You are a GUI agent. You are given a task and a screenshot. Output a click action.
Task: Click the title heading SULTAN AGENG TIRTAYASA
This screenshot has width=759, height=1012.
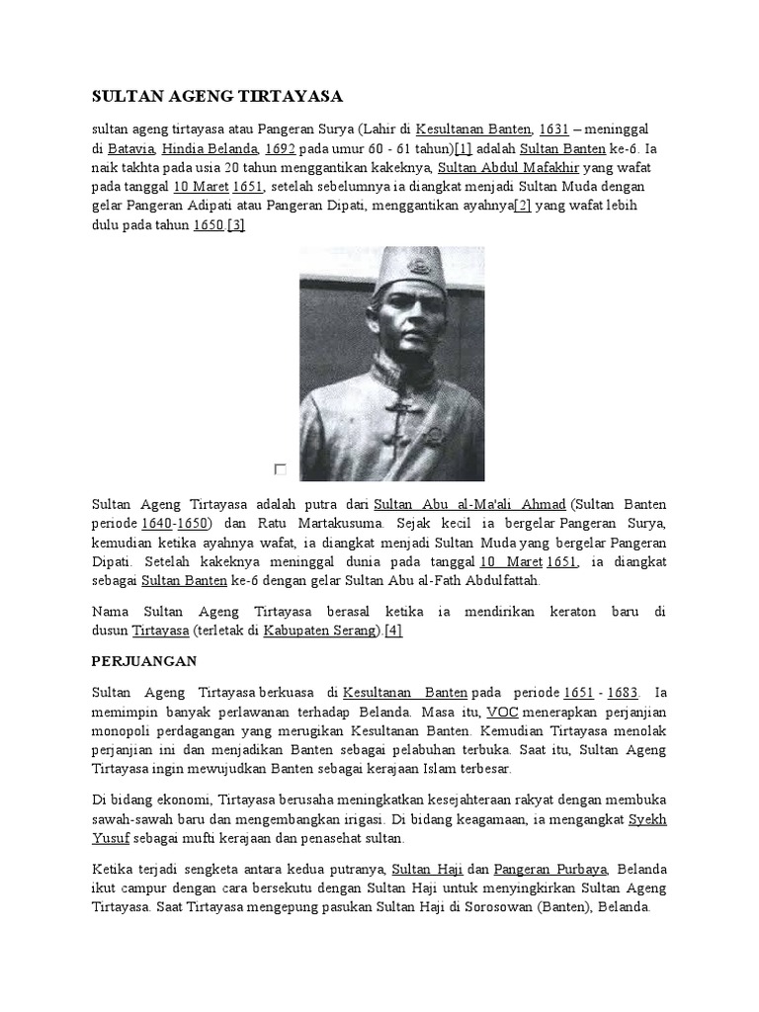(x=216, y=96)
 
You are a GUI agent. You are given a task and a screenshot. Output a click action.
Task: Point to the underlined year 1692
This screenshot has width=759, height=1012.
(x=281, y=149)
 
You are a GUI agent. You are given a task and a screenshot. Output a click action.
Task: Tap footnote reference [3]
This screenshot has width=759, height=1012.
(x=236, y=224)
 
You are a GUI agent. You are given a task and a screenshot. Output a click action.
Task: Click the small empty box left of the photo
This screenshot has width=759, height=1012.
(x=281, y=469)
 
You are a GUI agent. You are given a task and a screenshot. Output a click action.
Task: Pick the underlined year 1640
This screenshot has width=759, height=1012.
(x=157, y=523)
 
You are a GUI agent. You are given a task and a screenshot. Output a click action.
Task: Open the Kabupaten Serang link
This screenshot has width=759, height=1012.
(x=322, y=630)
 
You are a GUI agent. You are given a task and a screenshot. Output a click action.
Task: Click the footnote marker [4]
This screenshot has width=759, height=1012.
(x=394, y=630)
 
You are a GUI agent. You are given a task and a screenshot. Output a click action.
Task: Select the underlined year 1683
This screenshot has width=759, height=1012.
(x=622, y=692)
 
